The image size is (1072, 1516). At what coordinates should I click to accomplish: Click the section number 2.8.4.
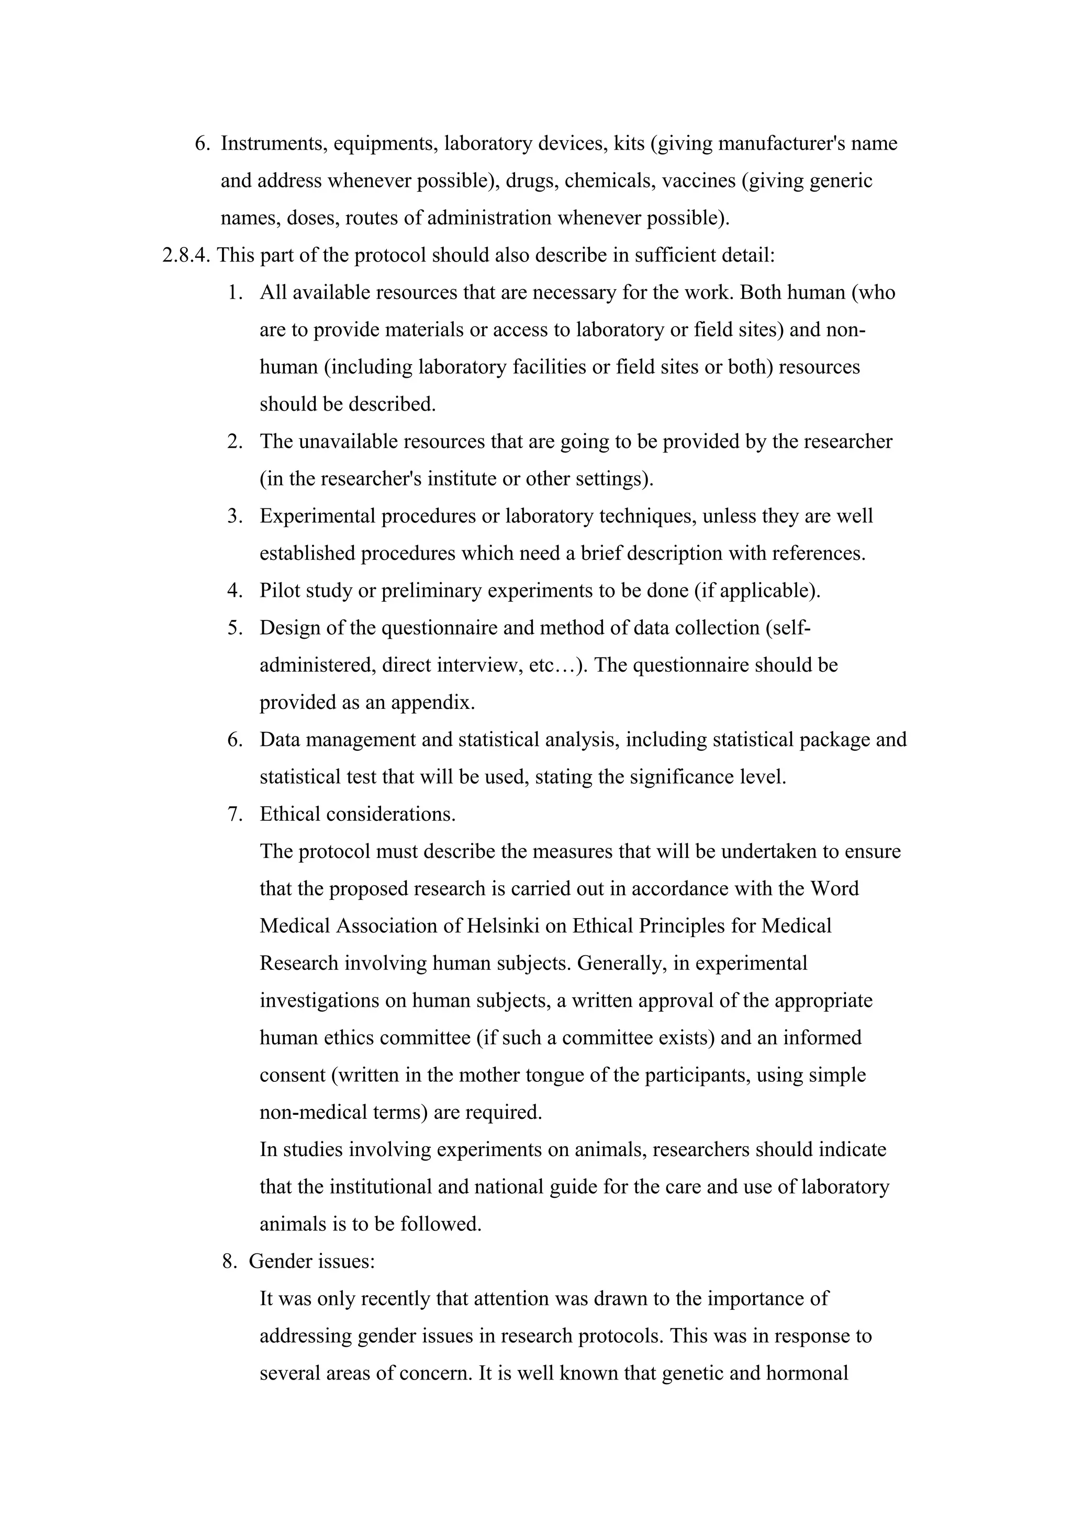186,255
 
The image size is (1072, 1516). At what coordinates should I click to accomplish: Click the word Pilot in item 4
278,590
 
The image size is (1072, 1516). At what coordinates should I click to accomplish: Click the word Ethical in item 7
291,814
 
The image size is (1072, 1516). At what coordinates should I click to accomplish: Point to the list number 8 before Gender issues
229,1261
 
